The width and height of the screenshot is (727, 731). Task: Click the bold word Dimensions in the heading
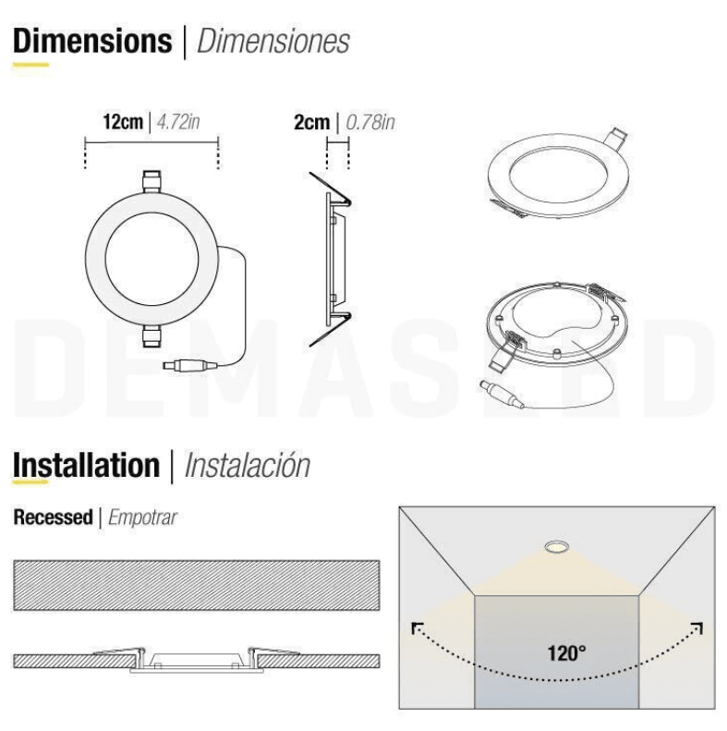tap(92, 42)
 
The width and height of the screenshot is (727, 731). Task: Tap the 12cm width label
tap(123, 122)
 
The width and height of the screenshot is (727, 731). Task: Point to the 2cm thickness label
tap(311, 122)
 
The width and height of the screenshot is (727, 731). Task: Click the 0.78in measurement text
tap(370, 122)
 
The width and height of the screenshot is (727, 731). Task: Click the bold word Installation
tap(86, 465)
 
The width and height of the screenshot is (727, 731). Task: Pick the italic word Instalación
tap(247, 465)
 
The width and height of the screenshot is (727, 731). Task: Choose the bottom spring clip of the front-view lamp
tap(151, 337)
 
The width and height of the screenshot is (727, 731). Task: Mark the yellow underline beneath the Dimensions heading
tap(30, 66)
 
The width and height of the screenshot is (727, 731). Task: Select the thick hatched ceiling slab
tap(197, 584)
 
